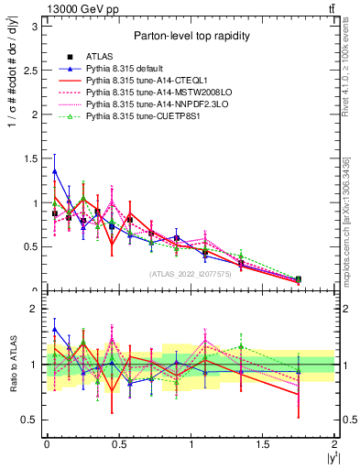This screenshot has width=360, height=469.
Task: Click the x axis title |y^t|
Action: click(326, 459)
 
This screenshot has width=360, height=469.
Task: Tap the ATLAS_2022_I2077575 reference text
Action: click(190, 274)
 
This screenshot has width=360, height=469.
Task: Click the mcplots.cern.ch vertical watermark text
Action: click(350, 229)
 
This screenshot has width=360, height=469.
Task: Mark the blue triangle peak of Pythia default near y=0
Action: click(55, 170)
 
